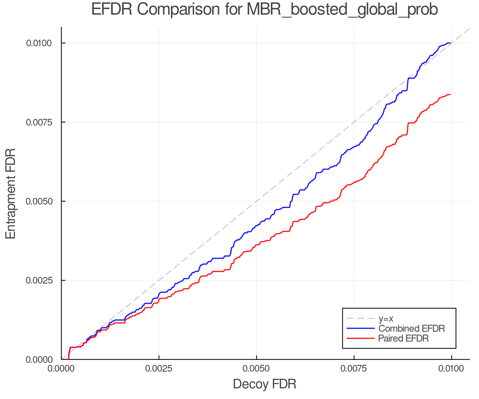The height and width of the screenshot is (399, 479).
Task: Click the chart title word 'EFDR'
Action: click(x=112, y=10)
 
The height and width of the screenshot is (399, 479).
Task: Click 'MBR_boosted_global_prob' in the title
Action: click(x=342, y=10)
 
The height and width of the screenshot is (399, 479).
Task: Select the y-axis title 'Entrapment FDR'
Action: click(x=11, y=193)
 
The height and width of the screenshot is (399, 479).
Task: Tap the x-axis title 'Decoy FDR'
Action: click(x=265, y=384)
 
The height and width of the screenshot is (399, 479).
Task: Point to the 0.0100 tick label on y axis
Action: click(x=39, y=43)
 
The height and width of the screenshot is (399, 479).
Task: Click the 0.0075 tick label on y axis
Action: click(x=39, y=122)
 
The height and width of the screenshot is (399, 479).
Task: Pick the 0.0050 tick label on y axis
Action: click(x=39, y=201)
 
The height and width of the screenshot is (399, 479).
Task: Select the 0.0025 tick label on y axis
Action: click(x=39, y=280)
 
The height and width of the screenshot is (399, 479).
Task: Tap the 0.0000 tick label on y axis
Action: click(x=39, y=360)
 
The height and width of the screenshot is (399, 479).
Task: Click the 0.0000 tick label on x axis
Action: click(x=61, y=369)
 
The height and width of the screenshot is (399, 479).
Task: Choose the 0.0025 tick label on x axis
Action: click(x=159, y=369)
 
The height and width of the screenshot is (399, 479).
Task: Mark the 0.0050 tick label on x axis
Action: click(x=256, y=369)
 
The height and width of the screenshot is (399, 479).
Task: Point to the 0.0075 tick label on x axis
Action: click(x=354, y=369)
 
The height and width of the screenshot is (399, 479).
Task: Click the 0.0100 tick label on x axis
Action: click(x=451, y=369)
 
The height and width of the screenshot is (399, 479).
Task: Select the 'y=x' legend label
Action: click(x=386, y=318)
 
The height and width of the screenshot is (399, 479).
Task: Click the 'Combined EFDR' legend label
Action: click(x=411, y=329)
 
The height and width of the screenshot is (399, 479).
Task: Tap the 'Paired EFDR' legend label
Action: click(x=403, y=338)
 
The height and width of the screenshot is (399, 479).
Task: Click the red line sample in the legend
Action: click(x=361, y=338)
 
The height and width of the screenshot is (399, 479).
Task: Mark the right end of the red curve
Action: click(x=450, y=94)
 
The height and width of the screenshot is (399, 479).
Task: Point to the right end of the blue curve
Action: click(x=450, y=43)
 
